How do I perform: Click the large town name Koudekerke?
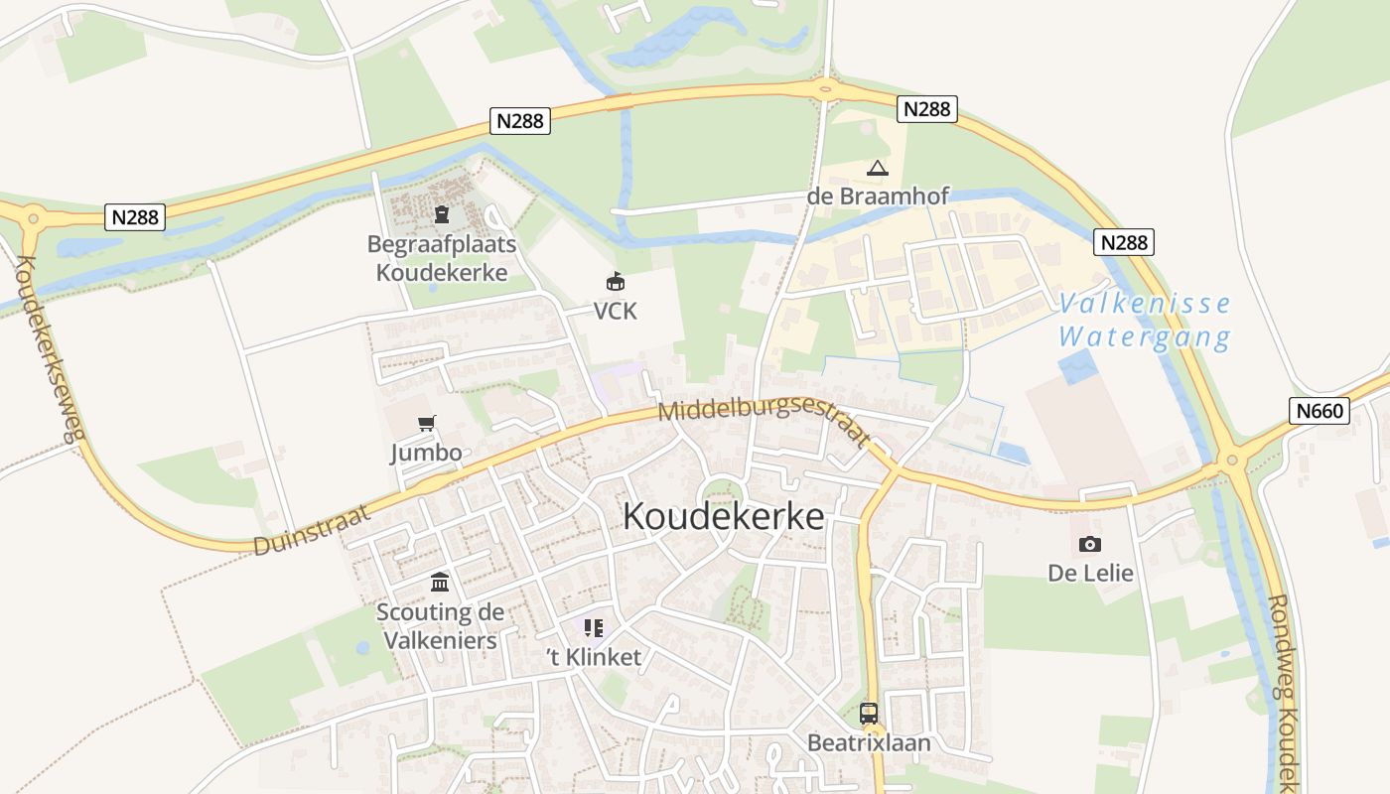pyautogui.click(x=723, y=516)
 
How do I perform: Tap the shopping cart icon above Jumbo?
pyautogui.click(x=427, y=424)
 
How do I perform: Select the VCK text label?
pyautogui.click(x=615, y=312)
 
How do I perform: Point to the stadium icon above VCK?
pyautogui.click(x=616, y=281)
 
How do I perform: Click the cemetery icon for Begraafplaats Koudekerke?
pyautogui.click(x=442, y=213)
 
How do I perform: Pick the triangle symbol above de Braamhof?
pyautogui.click(x=877, y=168)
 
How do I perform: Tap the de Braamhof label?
pyautogui.click(x=878, y=196)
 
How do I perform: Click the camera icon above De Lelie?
pyautogui.click(x=1090, y=544)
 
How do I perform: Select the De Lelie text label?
pyautogui.click(x=1090, y=573)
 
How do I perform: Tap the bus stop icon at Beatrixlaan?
pyautogui.click(x=869, y=713)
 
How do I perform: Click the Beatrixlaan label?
pyautogui.click(x=869, y=742)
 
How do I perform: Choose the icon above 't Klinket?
pyautogui.click(x=594, y=627)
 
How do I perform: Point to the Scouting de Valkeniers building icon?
pyautogui.click(x=440, y=582)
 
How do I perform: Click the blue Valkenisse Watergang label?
pyautogui.click(x=1145, y=320)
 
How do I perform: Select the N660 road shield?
pyautogui.click(x=1320, y=410)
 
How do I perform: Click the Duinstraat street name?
pyautogui.click(x=311, y=529)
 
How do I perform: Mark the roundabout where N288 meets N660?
pyautogui.click(x=1232, y=460)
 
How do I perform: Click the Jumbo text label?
pyautogui.click(x=426, y=454)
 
